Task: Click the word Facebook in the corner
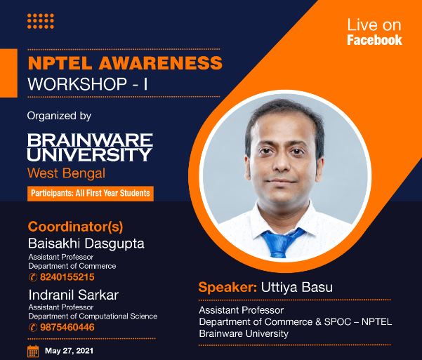(x=374, y=40)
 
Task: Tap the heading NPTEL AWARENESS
(x=124, y=63)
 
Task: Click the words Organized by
(x=59, y=115)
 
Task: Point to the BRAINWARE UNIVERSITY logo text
(x=89, y=146)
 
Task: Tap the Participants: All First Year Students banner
(x=91, y=192)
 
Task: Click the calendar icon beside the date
(x=33, y=350)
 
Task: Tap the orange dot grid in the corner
(x=40, y=21)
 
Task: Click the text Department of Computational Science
(x=93, y=316)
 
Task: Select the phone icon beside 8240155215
(x=32, y=277)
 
